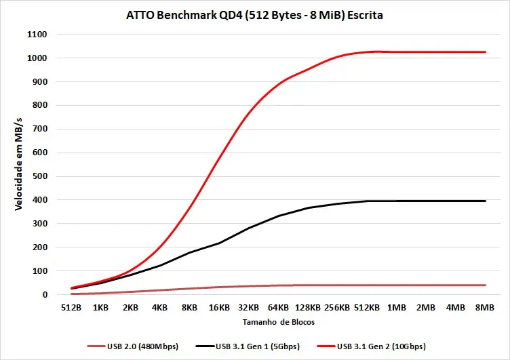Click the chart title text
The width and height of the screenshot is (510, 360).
pyautogui.click(x=254, y=16)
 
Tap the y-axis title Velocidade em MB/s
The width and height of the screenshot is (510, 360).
pyautogui.click(x=18, y=164)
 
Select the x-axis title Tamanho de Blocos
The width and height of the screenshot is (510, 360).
pyautogui.click(x=279, y=322)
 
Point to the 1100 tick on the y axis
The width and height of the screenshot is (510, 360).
pyautogui.click(x=37, y=35)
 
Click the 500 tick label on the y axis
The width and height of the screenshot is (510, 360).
pyautogui.click(x=40, y=176)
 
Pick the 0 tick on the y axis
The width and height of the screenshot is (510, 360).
pyautogui.click(x=45, y=295)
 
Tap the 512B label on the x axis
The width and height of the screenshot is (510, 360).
pyautogui.click(x=71, y=308)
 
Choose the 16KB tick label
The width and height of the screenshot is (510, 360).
pyautogui.click(x=219, y=308)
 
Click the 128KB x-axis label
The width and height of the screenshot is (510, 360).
pyautogui.click(x=308, y=308)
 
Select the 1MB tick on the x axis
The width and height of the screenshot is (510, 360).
pyautogui.click(x=397, y=308)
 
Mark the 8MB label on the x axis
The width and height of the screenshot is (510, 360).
pyautogui.click(x=485, y=308)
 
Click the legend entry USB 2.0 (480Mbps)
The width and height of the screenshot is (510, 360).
pyautogui.click(x=133, y=346)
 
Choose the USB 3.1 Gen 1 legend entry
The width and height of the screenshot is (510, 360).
pyautogui.click(x=248, y=346)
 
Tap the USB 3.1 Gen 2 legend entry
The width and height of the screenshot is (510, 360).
pyautogui.click(x=371, y=346)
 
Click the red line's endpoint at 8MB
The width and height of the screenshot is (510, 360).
pyautogui.click(x=485, y=52)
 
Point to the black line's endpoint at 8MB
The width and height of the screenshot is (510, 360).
pyautogui.click(x=485, y=201)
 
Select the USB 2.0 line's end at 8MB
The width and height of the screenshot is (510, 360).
pyautogui.click(x=485, y=285)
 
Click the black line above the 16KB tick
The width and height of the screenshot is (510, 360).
pyautogui.click(x=219, y=243)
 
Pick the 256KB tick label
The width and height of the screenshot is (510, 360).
pyautogui.click(x=337, y=308)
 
